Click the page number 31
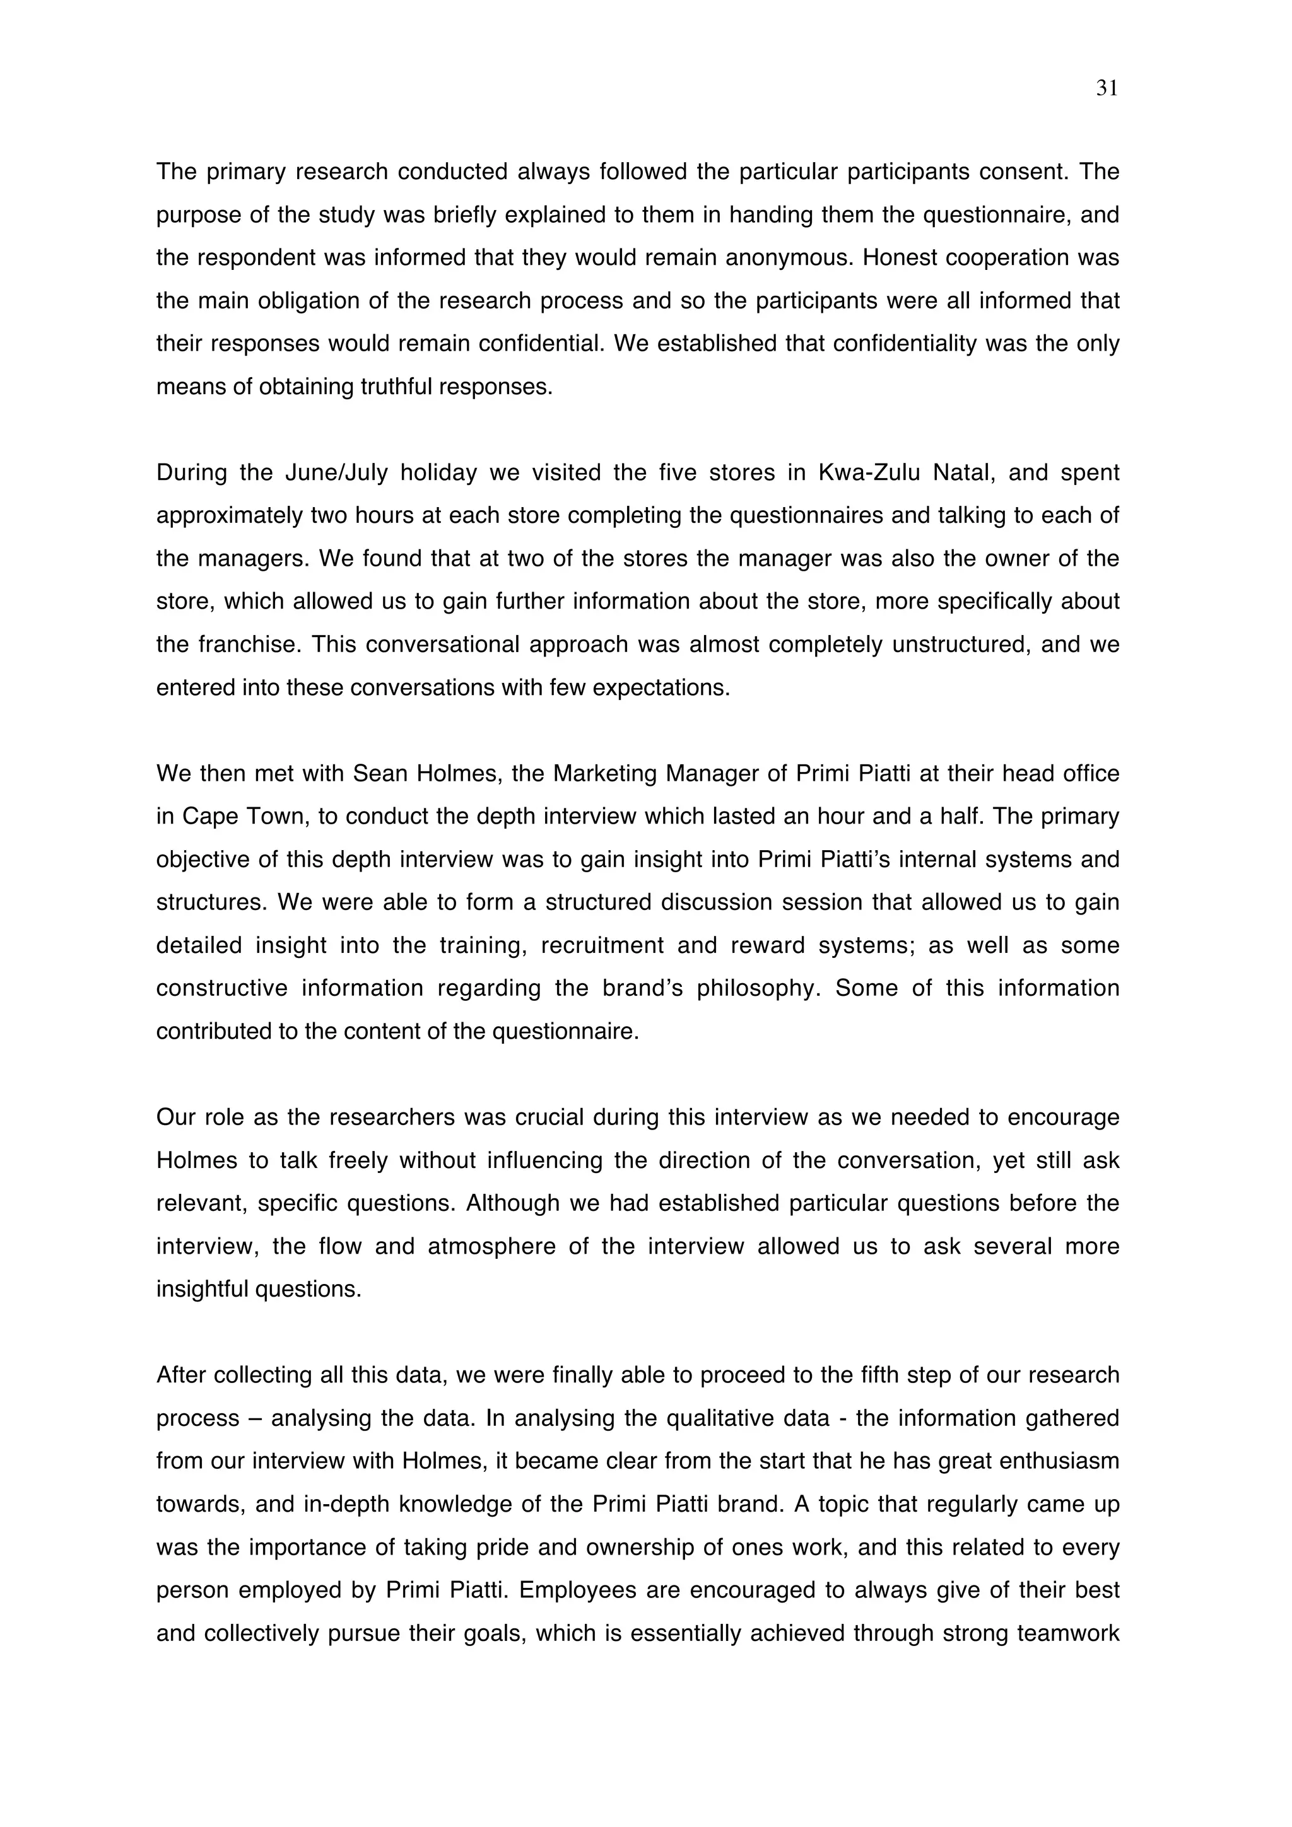coord(1107,88)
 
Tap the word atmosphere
coord(491,1246)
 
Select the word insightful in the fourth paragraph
coord(203,1289)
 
